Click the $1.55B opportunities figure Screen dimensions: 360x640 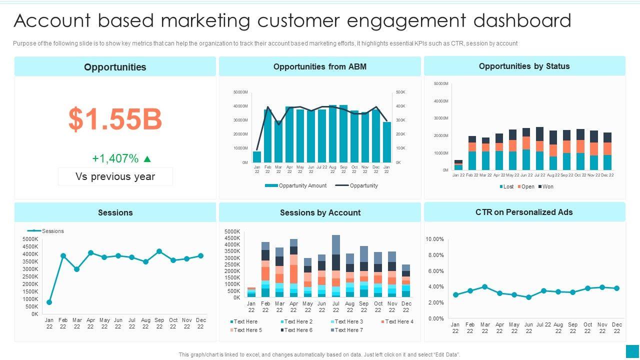pyautogui.click(x=115, y=119)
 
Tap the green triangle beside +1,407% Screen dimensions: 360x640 pyautogui.click(x=147, y=159)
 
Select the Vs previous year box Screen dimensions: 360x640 pyautogui.click(x=115, y=176)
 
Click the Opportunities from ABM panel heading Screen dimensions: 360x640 pyautogui.click(x=320, y=66)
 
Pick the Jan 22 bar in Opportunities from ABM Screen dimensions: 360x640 pyautogui.click(x=257, y=156)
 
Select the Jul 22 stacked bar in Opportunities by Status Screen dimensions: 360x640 pyautogui.click(x=539, y=148)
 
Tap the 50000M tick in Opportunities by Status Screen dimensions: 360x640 pyautogui.click(x=441, y=83)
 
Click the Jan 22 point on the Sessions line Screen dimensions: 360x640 pyautogui.click(x=49, y=302)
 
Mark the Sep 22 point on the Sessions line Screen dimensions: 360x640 pyautogui.click(x=159, y=251)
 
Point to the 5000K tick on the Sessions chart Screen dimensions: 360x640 pyautogui.click(x=30, y=239)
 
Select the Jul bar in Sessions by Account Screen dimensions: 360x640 pyautogui.click(x=336, y=266)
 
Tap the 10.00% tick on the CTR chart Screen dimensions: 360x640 pyautogui.click(x=434, y=239)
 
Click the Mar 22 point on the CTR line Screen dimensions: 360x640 pyautogui.click(x=484, y=287)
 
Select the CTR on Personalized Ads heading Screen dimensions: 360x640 pyautogui.click(x=524, y=212)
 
